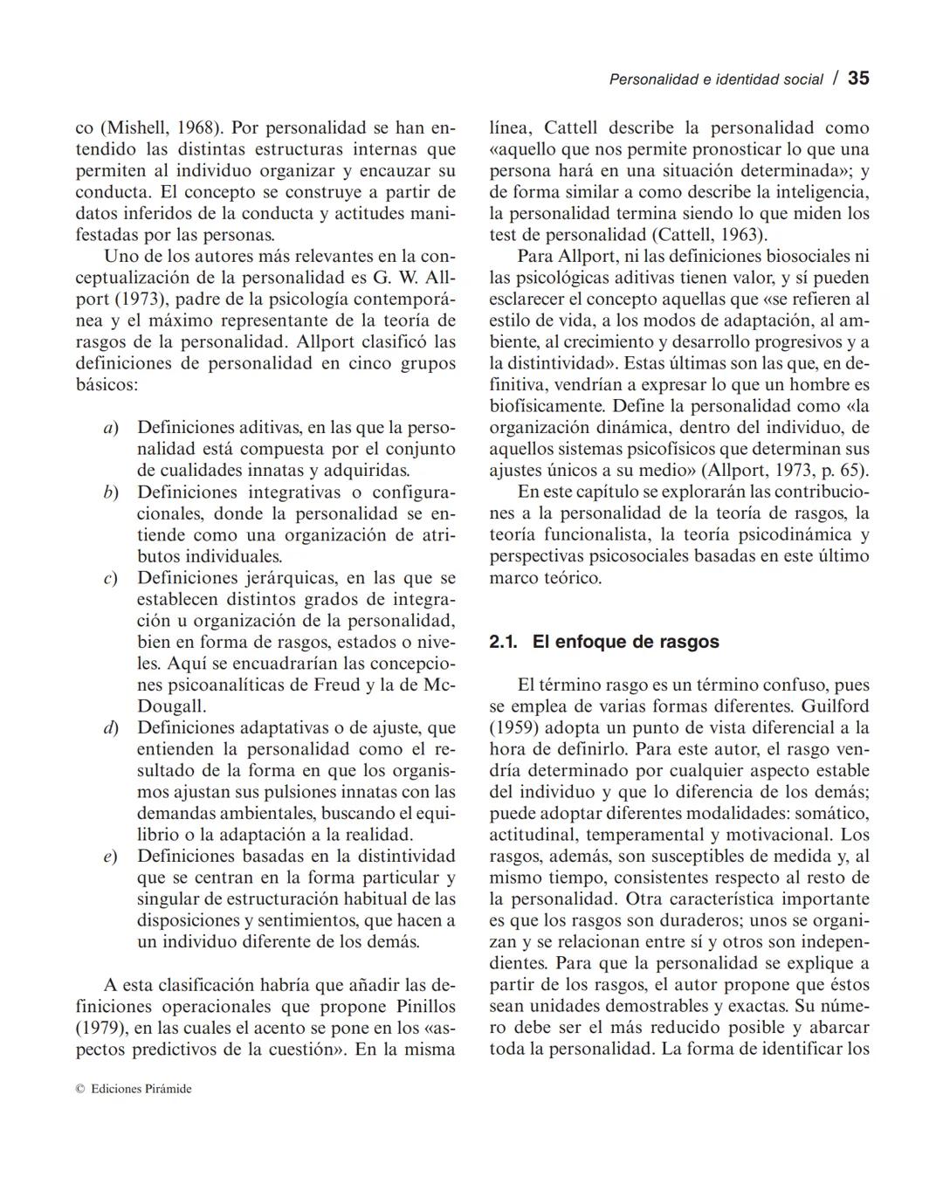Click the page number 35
(x=858, y=79)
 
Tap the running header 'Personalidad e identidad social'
(x=715, y=79)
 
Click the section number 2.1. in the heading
(x=504, y=642)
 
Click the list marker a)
(x=110, y=428)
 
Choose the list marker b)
(x=110, y=492)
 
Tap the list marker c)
(x=110, y=578)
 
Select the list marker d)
(x=110, y=727)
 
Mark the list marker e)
(x=110, y=857)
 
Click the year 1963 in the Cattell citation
(x=742, y=235)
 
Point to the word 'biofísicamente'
(x=547, y=406)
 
